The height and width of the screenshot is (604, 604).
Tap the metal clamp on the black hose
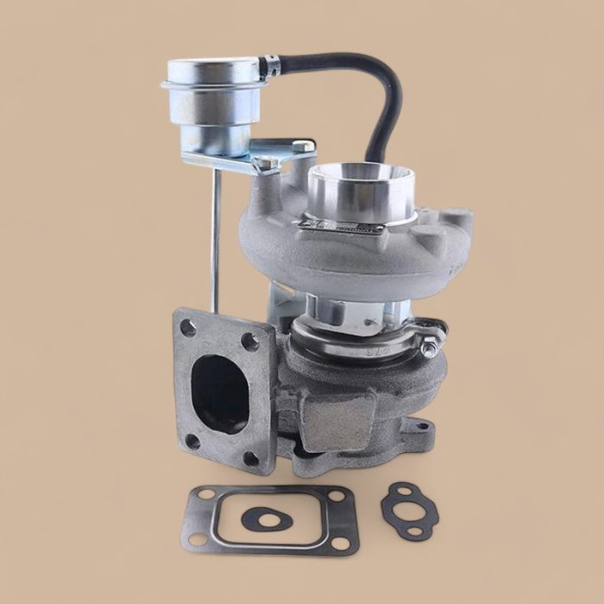coord(272,65)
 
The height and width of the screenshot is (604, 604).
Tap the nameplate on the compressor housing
coord(341,229)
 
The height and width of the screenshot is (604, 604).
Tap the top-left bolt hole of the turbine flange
coord(187,327)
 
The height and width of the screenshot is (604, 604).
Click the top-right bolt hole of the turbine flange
coord(250,341)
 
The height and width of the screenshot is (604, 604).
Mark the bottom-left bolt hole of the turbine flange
coord(192,440)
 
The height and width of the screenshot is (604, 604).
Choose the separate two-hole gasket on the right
coord(409,508)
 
